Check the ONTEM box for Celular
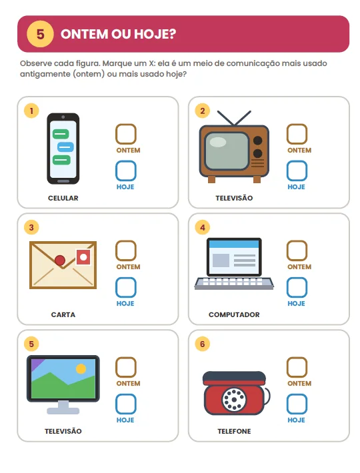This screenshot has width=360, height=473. pos(126,134)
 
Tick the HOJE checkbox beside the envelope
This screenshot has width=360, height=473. pos(126,288)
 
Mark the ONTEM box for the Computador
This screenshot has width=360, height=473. pos(297,250)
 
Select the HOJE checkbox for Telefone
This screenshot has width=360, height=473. pos(297,404)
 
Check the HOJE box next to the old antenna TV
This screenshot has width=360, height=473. pos(297,171)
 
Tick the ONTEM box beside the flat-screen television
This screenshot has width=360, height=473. pos(126,367)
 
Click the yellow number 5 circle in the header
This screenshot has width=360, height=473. pos(40,34)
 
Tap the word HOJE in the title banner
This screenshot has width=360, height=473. pos(155,34)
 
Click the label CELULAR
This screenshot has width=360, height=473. pos(63,198)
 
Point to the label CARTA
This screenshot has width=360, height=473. pos(63,314)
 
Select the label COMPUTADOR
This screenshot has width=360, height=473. pos(234,314)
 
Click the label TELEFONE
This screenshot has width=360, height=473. pos(234,432)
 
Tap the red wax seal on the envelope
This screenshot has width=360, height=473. pos(60,260)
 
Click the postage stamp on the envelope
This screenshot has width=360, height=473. pos(83,257)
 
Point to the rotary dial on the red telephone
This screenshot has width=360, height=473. pos(234,400)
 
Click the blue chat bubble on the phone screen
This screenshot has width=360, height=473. pos(65,147)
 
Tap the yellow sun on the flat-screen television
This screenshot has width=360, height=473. pos(81,368)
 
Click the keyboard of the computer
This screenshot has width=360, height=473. pos(234,283)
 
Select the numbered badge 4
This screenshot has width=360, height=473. pos(203,227)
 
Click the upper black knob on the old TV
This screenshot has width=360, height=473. pos(258,141)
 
